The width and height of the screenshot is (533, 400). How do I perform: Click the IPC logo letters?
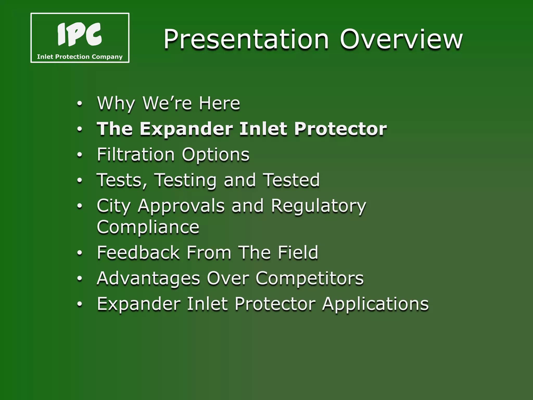coord(79,34)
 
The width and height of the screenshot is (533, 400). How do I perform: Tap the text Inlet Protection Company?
coord(80,57)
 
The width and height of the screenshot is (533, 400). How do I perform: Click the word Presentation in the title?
coord(246,39)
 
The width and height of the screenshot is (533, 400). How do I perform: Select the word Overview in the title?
coord(401,39)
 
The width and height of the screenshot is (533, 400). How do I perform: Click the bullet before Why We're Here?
coord(80,104)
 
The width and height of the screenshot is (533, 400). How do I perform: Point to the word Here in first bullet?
coord(219,103)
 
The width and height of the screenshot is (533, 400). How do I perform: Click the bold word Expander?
coord(186,129)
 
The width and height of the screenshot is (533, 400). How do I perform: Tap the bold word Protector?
coord(340,129)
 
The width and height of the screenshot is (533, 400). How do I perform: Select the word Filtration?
coord(136,154)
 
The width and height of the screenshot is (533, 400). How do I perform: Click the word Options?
coord(215,155)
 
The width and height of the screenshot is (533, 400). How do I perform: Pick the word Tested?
coord(291,180)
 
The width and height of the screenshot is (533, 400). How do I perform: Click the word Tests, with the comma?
coord(122,180)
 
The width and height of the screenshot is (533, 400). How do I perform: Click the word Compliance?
coord(148,227)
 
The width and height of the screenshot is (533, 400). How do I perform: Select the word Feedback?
coord(138,252)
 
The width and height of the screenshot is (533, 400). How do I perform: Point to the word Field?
coord(298,252)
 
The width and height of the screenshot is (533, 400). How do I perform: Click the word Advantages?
coord(148,278)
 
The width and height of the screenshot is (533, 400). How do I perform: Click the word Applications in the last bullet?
coord(375,304)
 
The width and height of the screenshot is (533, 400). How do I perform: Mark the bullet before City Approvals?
coord(80,206)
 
